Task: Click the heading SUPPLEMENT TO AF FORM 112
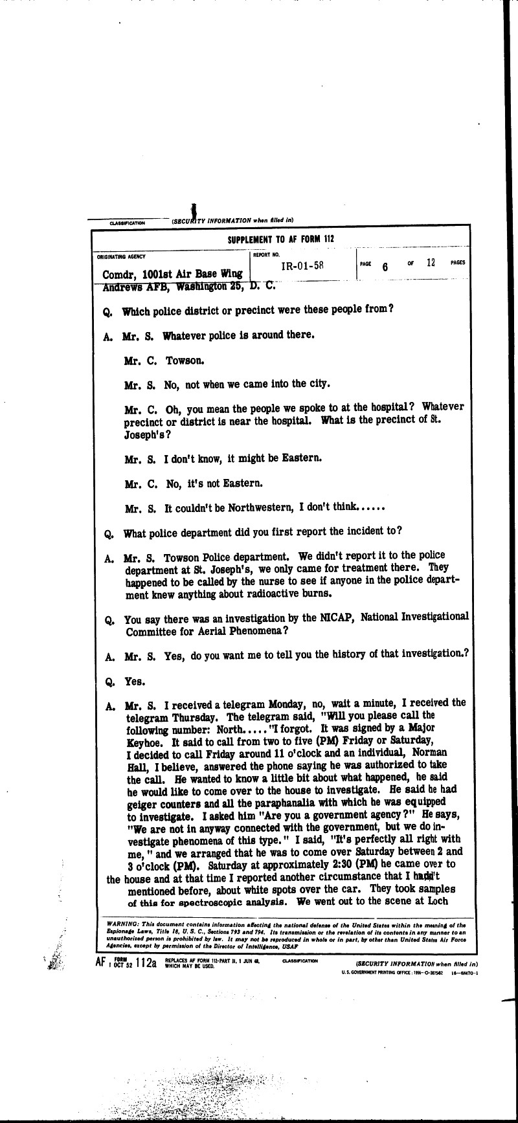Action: pyautogui.click(x=280, y=239)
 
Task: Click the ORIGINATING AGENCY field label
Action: pyautogui.click(x=122, y=257)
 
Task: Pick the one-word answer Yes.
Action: pyautogui.click(x=135, y=682)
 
